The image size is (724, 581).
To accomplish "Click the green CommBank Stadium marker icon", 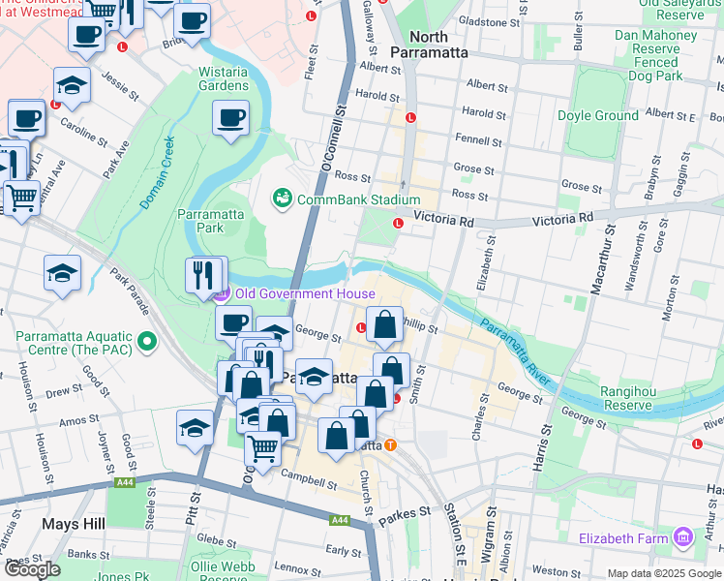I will click(x=283, y=199).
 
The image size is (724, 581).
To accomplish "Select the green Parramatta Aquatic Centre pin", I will click(x=147, y=341).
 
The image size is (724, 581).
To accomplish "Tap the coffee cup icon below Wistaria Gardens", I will click(x=230, y=119).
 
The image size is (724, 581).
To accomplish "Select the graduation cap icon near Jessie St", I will click(x=72, y=84).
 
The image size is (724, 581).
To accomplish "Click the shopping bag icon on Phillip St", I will click(x=384, y=325).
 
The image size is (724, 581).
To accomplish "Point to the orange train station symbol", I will click(x=390, y=445).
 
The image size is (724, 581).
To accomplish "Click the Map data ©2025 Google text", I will click(x=664, y=572).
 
